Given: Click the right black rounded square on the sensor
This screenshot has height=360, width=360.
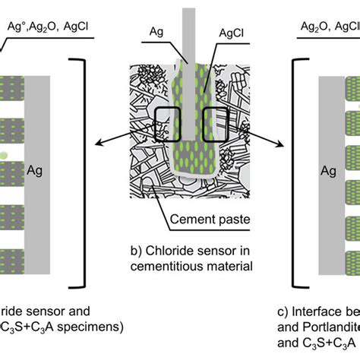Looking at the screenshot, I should coord(219,122).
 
